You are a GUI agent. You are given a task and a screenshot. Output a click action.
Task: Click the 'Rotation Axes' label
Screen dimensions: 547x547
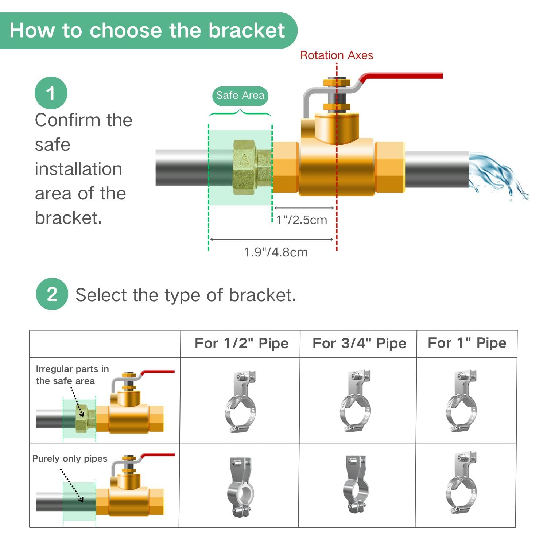(x=337, y=55)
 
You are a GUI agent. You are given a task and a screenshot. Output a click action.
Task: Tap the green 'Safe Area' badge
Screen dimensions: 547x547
(x=240, y=96)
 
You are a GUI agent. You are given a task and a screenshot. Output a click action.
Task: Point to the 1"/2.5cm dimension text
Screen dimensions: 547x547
(x=302, y=220)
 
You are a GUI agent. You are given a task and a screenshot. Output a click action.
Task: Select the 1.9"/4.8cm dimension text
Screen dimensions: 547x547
(x=276, y=252)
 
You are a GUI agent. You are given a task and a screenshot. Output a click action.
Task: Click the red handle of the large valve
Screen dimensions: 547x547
(x=401, y=76)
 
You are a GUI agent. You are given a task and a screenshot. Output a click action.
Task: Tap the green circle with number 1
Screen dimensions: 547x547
(x=51, y=93)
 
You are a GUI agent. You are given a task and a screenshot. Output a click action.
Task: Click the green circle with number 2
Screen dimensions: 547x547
(x=52, y=294)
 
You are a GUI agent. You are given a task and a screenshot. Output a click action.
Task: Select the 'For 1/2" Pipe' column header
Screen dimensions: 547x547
(x=241, y=343)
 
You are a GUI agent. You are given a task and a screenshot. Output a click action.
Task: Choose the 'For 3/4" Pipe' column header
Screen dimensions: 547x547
(x=359, y=343)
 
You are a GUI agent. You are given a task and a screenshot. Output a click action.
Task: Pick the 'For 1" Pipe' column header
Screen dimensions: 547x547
(x=467, y=343)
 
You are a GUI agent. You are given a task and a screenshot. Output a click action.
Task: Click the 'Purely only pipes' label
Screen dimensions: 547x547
(x=70, y=458)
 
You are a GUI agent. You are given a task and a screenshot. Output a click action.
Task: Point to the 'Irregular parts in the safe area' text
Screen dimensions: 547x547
(x=72, y=375)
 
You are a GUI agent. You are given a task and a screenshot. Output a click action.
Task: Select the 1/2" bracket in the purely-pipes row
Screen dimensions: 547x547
(x=240, y=486)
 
